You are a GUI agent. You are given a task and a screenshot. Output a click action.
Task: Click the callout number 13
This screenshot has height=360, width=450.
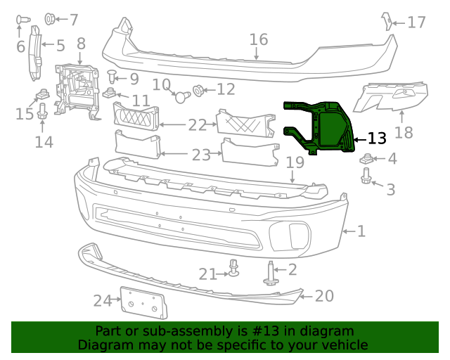[x=377, y=139]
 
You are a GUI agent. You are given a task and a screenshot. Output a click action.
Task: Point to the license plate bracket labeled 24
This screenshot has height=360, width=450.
[x=143, y=304]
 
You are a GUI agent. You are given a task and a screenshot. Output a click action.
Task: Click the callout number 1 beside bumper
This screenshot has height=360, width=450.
[x=361, y=231]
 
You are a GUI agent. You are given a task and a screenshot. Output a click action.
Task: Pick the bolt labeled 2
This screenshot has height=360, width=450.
[x=271, y=273]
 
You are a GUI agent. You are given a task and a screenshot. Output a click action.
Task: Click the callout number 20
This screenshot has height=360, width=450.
[x=324, y=296]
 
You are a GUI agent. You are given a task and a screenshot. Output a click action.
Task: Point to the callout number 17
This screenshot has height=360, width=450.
[x=416, y=22]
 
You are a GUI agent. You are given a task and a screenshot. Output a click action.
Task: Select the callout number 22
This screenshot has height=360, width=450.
[x=198, y=125]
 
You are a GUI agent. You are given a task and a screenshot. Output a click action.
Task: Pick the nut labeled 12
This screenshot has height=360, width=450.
[x=198, y=90]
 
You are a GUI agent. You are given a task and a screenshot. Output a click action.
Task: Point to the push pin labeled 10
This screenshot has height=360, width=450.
[x=181, y=96]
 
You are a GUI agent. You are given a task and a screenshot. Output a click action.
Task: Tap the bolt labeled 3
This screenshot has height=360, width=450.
[x=366, y=181]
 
